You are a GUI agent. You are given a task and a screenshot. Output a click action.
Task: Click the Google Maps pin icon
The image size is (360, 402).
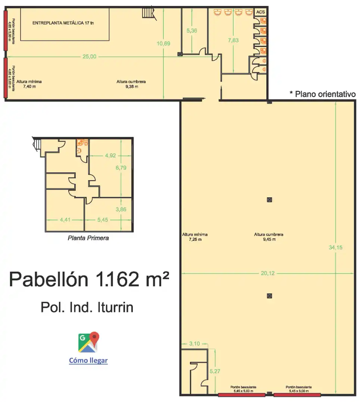click(x=89, y=342)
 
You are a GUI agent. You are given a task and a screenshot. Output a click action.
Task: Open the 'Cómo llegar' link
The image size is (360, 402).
click(x=88, y=360)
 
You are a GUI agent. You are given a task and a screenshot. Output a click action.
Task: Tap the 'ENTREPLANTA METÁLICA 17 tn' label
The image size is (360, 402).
click(x=63, y=23)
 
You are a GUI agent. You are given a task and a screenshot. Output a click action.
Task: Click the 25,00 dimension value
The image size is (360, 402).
click(x=90, y=57)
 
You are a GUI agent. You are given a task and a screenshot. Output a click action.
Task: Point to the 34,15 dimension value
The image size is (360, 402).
click(x=336, y=248)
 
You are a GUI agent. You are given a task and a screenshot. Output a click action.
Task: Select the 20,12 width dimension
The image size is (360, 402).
click(x=268, y=273)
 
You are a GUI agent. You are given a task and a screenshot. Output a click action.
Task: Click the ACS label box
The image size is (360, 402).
click(x=260, y=12)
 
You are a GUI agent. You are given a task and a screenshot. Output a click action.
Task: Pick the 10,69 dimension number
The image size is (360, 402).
click(x=163, y=44)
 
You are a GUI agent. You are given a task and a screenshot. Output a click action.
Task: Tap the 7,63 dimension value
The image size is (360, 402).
click(x=233, y=40)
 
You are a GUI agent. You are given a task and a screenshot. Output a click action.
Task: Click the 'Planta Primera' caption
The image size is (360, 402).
click(x=88, y=238)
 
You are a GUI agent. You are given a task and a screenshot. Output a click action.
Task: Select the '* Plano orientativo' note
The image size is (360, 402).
click(x=323, y=94)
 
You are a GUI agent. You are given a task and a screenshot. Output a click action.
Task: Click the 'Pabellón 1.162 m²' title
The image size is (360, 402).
click(x=89, y=280)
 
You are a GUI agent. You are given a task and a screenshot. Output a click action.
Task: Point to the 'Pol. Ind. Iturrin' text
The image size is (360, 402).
click(x=87, y=307)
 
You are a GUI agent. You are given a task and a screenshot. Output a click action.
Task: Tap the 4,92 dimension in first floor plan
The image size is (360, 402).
click(x=110, y=155)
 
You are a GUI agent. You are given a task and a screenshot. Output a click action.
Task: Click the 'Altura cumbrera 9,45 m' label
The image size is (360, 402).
click(x=269, y=237)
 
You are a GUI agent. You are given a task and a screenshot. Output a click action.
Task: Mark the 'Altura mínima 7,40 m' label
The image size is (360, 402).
click(x=29, y=84)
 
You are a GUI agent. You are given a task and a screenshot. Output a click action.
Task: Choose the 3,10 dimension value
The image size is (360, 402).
click(x=194, y=344)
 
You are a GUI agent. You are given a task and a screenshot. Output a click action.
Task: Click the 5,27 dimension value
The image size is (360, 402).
click(x=215, y=371)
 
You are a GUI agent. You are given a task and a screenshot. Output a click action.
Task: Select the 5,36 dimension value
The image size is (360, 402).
click(x=192, y=31)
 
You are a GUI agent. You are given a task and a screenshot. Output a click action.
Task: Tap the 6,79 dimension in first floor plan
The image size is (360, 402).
click(x=121, y=167)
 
